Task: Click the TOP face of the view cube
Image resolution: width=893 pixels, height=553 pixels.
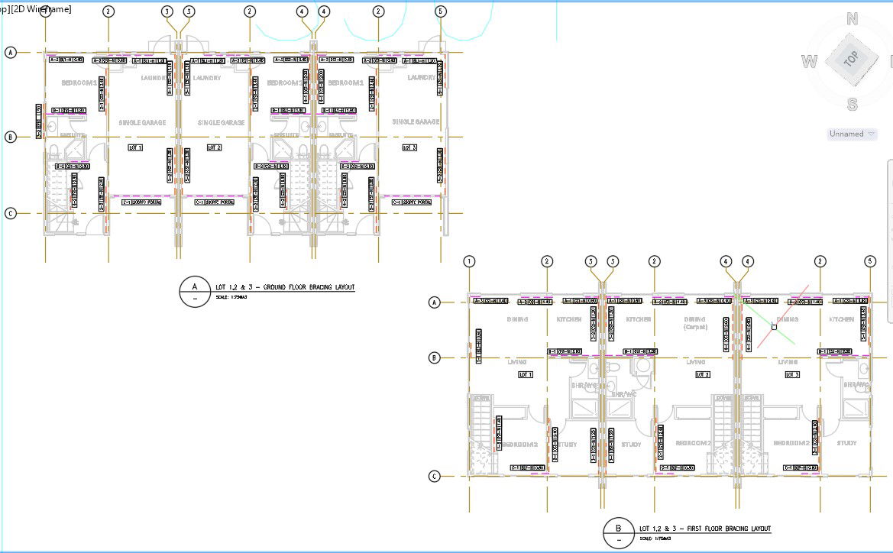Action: point(851,59)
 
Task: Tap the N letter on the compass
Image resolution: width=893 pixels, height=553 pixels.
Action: point(853,19)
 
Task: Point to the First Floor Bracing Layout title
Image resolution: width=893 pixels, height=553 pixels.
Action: point(704,529)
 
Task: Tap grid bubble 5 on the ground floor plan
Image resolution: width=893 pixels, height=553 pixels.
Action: point(440,11)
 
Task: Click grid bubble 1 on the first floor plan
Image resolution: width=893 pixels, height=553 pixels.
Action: point(469,261)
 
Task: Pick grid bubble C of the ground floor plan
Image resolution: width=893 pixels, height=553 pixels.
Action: point(11,214)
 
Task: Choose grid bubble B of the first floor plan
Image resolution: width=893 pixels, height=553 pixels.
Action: point(435,357)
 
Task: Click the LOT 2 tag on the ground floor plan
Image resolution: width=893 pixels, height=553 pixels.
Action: point(214,147)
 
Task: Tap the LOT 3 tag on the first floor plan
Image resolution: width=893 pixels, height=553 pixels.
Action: point(791,374)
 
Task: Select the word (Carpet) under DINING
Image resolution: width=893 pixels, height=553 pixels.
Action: point(694,327)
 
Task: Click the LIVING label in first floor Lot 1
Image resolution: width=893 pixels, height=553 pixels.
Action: point(518,361)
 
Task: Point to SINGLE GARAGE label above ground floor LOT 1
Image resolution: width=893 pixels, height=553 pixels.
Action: point(141,122)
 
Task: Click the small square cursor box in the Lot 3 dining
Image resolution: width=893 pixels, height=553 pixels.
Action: point(774,326)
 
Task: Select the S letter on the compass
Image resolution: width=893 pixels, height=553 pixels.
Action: point(853,105)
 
